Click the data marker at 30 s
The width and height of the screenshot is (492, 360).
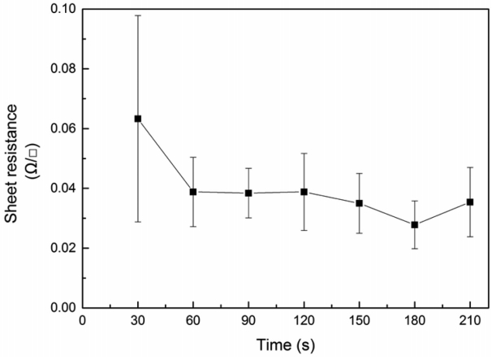(138, 119)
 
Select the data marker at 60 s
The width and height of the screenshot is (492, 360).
(193, 192)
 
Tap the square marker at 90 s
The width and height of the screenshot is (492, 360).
(248, 193)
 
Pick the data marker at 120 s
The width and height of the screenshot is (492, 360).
(304, 192)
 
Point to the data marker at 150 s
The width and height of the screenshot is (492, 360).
(359, 203)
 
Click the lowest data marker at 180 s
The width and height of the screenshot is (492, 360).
(415, 224)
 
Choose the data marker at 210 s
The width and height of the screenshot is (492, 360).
(470, 202)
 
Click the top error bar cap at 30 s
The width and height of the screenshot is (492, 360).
(138, 15)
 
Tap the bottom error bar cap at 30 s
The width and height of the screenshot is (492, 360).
(138, 222)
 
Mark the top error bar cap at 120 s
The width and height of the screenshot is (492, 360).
(304, 153)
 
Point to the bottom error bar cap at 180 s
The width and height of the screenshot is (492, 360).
(415, 249)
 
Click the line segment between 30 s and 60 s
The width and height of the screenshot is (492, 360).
(166, 155)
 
